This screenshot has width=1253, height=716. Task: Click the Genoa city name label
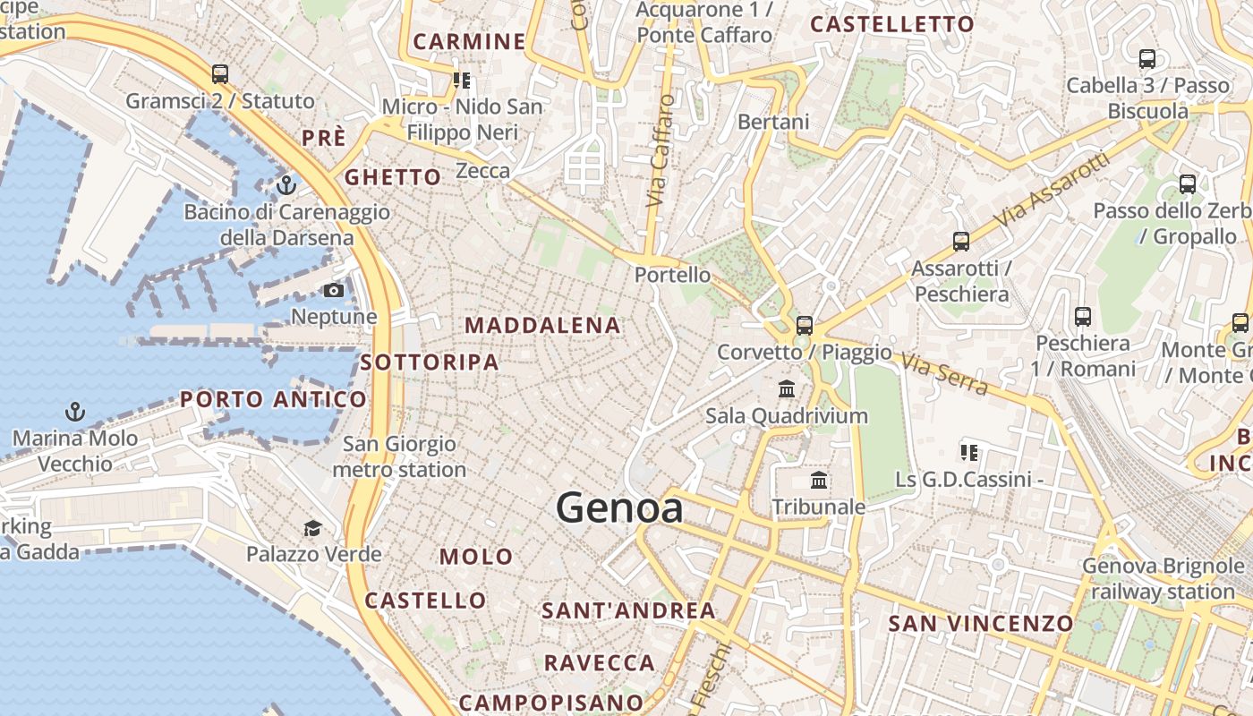tap(619, 508)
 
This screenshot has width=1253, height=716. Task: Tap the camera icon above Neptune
tap(334, 290)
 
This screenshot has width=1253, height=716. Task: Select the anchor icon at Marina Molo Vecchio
tap(75, 412)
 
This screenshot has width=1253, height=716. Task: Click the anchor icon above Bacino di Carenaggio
tap(286, 185)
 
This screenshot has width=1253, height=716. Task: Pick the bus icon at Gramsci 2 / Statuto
tap(220, 73)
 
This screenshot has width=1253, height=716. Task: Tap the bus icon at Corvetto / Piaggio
tap(805, 325)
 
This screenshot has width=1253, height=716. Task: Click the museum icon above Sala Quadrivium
tap(787, 388)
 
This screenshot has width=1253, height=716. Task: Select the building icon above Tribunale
tap(819, 481)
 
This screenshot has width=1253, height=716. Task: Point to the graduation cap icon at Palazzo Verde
tap(312, 528)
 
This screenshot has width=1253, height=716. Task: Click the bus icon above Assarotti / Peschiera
tap(961, 241)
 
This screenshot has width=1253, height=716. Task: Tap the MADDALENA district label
tap(543, 326)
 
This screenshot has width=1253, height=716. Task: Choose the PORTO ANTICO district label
tap(273, 399)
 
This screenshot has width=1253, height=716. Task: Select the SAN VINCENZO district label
tap(981, 623)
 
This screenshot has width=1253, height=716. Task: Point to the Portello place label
tap(673, 275)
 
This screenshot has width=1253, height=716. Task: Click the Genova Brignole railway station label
tap(1163, 579)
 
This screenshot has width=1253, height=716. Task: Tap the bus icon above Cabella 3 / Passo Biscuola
tap(1147, 59)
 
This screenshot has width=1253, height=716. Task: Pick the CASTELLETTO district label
tap(892, 24)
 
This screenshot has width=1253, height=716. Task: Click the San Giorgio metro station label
tap(399, 456)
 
